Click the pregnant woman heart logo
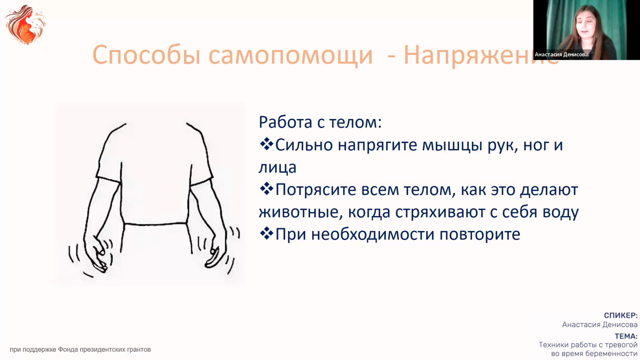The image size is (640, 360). tap(25, 24)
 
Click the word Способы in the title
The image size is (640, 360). tap(146, 55)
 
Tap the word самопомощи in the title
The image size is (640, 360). tap(291, 55)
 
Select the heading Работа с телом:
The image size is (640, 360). tap(320, 122)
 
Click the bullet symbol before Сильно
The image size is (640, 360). tap(266, 144)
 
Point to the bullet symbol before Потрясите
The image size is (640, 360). tap(266, 189)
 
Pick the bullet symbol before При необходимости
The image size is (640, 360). tap(266, 234)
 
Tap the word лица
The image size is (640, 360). tap(277, 168)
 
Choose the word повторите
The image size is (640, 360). tap(480, 235)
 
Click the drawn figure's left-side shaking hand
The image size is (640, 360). tap(99, 254)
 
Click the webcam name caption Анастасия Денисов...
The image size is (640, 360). tap(562, 54)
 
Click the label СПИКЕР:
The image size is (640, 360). tap(621, 315)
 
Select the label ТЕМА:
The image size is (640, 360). tap(626, 336)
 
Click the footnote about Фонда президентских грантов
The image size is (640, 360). tap(80, 349)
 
